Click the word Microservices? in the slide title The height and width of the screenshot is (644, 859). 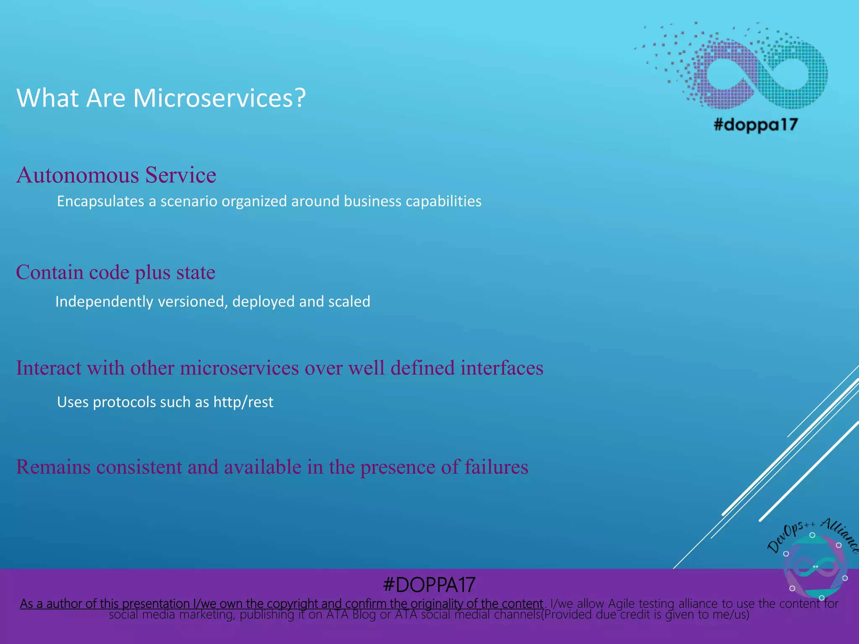[219, 98]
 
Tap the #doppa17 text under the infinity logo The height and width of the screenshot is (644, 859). [755, 125]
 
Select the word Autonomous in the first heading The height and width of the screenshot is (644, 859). [78, 175]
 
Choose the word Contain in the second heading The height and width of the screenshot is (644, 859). [49, 273]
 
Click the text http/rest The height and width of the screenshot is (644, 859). [243, 402]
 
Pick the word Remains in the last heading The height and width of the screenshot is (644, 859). [53, 467]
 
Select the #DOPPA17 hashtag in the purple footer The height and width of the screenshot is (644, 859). [429, 585]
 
